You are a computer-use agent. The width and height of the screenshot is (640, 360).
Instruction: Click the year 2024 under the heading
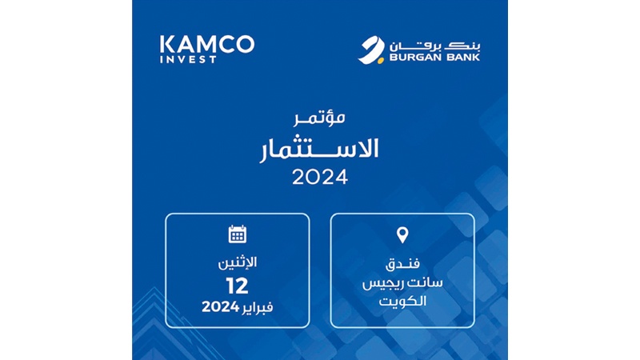[320, 178]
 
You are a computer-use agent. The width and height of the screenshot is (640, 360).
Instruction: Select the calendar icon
[237, 234]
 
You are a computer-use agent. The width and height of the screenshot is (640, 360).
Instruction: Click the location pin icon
[402, 235]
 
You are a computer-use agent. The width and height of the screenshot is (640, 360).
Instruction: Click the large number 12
[237, 285]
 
